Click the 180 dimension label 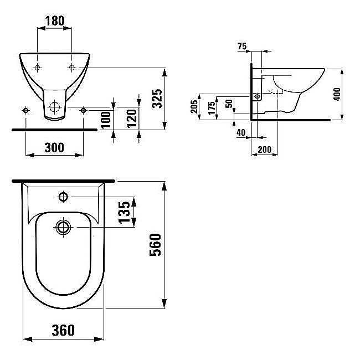55,21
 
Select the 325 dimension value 157,99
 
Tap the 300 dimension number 54,147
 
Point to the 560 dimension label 155,245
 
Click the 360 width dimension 63,330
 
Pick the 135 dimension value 124,212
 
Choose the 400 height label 337,94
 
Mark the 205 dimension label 194,106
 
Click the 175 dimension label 212,107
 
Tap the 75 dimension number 242,47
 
